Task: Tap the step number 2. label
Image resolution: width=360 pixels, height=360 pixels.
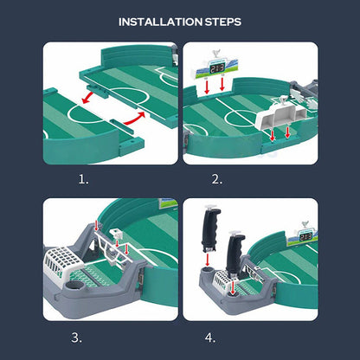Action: [216, 180]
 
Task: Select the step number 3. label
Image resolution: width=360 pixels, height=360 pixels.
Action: [78, 338]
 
